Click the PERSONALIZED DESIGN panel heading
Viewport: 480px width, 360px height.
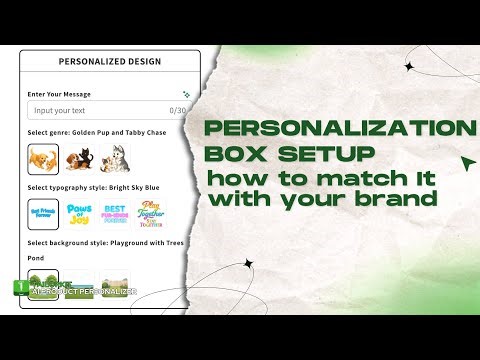(x=110, y=61)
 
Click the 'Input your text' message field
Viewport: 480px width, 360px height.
(x=95, y=110)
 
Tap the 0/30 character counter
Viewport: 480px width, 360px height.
(x=179, y=110)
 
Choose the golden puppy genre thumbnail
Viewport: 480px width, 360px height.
(x=42, y=157)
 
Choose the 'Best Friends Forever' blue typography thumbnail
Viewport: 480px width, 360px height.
(x=42, y=213)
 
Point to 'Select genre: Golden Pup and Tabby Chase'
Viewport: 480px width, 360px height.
(x=99, y=132)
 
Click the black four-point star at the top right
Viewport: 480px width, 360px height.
(x=408, y=66)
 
